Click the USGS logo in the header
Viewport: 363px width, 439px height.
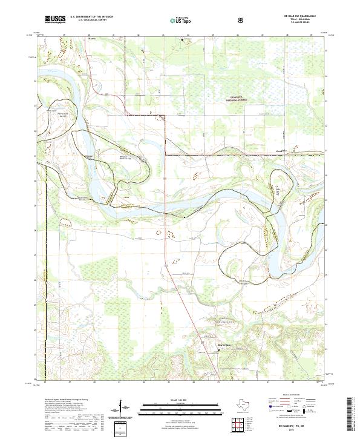(x=55, y=19)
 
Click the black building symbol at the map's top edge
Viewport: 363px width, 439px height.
(x=185, y=39)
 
